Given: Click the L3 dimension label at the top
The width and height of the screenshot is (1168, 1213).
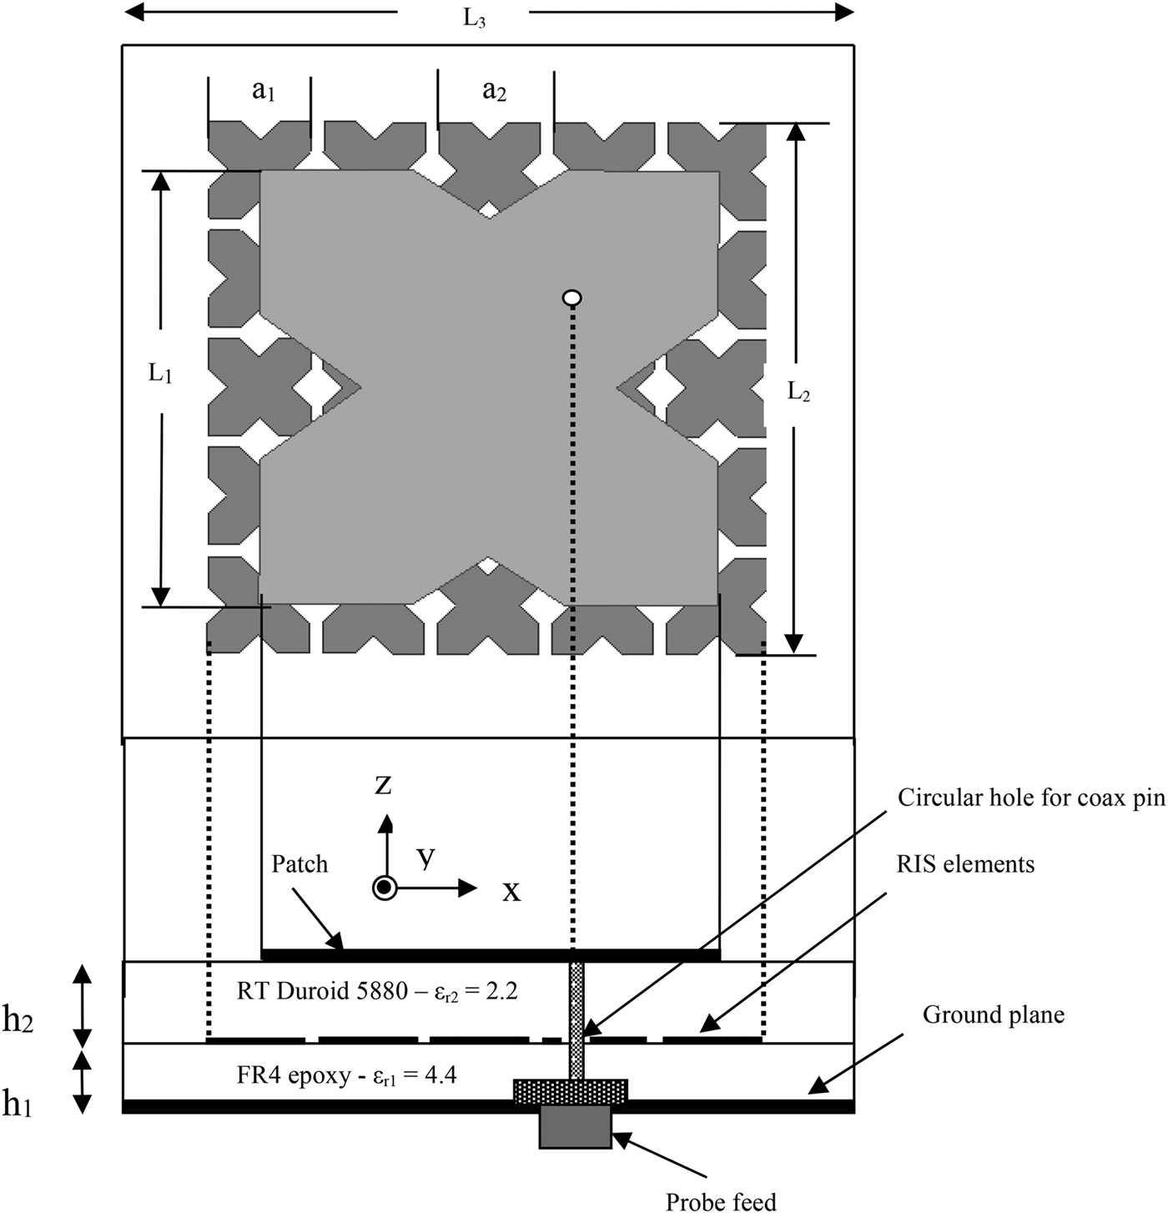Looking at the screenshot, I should (475, 18).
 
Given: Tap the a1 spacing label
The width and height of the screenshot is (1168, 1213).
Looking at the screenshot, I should (264, 92).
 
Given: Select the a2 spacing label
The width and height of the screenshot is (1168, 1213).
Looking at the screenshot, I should (495, 92).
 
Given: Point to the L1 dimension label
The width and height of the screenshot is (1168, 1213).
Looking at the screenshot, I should (160, 374).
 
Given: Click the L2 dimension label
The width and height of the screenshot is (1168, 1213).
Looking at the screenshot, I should (798, 392).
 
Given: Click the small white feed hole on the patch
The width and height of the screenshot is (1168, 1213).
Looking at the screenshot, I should (572, 298).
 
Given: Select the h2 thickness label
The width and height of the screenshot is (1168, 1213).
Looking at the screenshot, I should (18, 1021).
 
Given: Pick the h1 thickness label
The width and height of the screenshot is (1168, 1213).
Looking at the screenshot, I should (17, 1105).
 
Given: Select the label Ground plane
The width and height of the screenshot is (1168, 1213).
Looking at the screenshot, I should (993, 1014).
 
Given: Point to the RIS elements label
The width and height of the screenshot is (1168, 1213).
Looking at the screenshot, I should (965, 864).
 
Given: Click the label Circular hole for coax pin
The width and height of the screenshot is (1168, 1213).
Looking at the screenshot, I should (1031, 798).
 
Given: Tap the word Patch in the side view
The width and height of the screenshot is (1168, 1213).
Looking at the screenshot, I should (300, 863).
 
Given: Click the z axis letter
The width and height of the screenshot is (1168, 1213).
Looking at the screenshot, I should (383, 784).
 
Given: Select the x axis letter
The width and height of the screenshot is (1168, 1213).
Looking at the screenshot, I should (511, 891).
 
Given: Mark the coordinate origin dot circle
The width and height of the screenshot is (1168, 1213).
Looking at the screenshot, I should (384, 888).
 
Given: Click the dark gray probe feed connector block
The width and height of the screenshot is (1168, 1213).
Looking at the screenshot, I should (575, 1128).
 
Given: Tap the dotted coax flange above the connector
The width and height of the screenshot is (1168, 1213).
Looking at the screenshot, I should (570, 1090).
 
